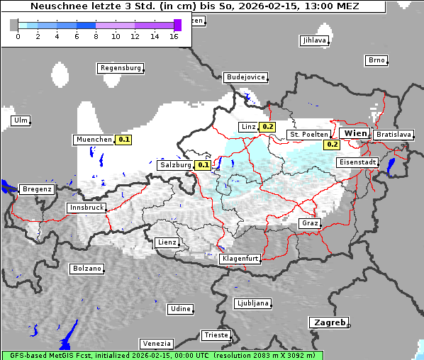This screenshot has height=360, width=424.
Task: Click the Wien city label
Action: tap(356, 133)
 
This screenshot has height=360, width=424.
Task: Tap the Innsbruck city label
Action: tap(86, 208)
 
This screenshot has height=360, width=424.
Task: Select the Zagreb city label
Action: tap(328, 322)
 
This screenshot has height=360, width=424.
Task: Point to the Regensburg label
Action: tap(120, 68)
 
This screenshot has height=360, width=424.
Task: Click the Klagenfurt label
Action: tap(240, 259)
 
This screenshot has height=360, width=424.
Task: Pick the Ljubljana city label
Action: tap(252, 303)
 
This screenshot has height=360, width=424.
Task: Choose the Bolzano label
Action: tap(87, 269)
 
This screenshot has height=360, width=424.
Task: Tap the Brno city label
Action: tap(376, 60)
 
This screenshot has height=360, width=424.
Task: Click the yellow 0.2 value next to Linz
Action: tap(267, 127)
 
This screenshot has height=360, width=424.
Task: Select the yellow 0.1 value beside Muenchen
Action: tap(124, 140)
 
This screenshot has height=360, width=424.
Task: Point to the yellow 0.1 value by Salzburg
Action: tap(203, 165)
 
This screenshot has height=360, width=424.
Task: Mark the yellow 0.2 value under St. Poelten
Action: tap(332, 145)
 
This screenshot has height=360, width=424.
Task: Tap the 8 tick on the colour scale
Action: tap(96, 35)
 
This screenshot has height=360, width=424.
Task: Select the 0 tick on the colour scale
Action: tap(17, 35)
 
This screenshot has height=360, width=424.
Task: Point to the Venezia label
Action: tap(155, 343)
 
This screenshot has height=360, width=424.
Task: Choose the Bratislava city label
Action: tap(394, 134)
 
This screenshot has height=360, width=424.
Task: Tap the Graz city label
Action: tap(310, 223)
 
